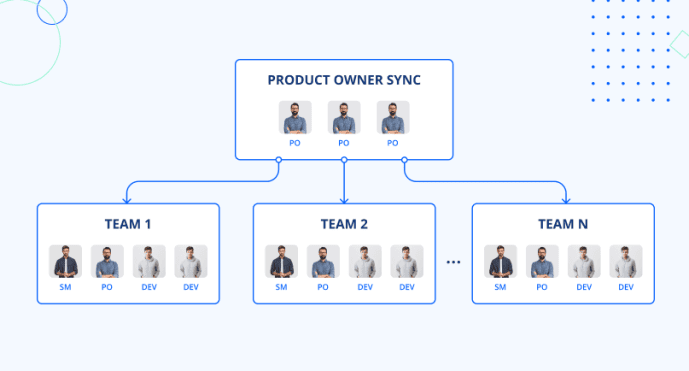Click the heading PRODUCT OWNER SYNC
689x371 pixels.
point(343,79)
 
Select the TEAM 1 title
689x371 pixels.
point(128,224)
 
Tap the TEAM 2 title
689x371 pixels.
point(344,224)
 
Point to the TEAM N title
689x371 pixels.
point(563,224)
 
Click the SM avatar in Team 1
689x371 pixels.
point(65,262)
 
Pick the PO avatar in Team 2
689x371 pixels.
point(323,262)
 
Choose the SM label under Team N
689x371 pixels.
point(500,287)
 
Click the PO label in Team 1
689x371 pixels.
point(107,287)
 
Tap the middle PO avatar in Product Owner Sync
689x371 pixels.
point(343,118)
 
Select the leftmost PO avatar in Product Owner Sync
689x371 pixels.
point(295,118)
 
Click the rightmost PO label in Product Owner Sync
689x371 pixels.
point(392,143)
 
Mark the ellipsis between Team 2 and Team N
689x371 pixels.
point(453,262)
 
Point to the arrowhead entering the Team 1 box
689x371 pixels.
point(128,199)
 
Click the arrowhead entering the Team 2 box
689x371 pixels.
point(344,199)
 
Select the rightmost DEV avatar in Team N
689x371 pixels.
point(625,262)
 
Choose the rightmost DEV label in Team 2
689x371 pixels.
point(407,287)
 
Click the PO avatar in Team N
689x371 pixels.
point(542,262)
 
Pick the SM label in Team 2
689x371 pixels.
point(281,287)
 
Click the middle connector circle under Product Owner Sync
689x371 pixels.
point(344,160)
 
